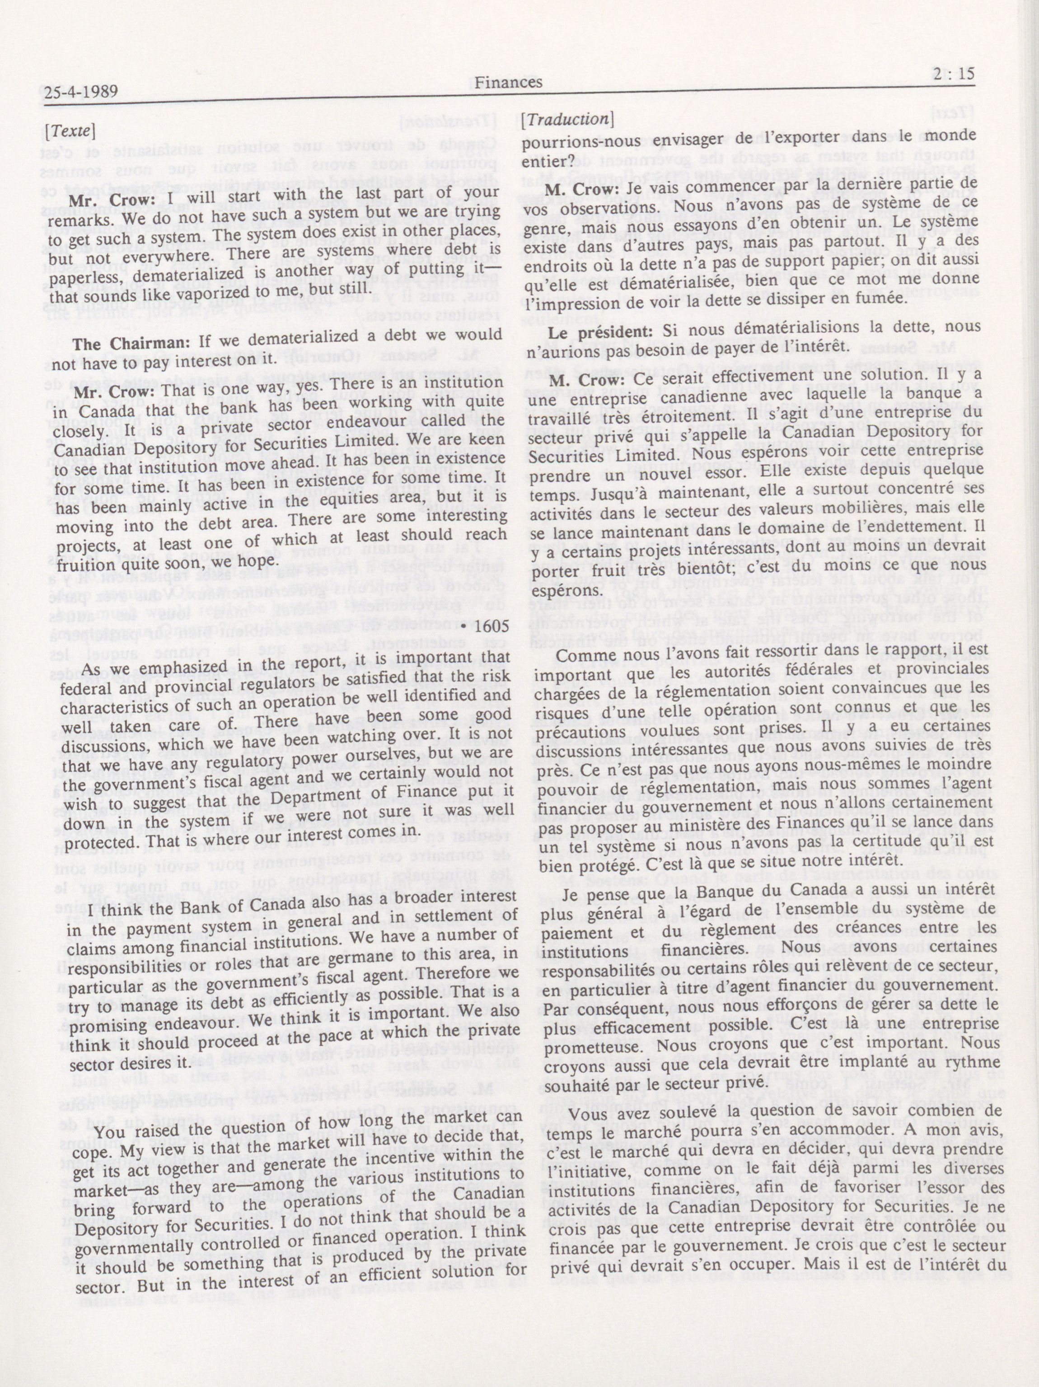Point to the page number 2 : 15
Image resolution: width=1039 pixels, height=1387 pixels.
pyautogui.click(x=954, y=74)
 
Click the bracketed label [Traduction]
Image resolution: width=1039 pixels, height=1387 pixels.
pyautogui.click(x=566, y=119)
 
